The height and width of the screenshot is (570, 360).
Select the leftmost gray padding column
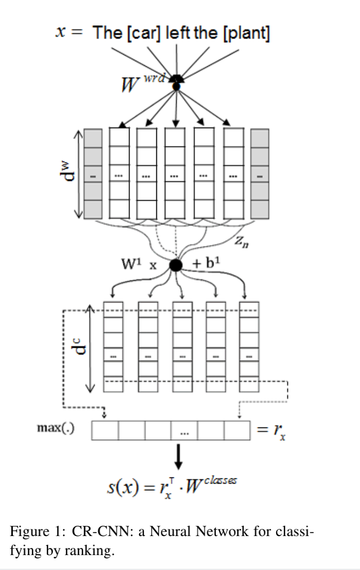click(93, 173)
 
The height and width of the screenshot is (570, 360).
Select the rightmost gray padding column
click(260, 173)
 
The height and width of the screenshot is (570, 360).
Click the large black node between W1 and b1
click(176, 265)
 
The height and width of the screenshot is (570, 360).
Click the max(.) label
click(53, 428)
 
